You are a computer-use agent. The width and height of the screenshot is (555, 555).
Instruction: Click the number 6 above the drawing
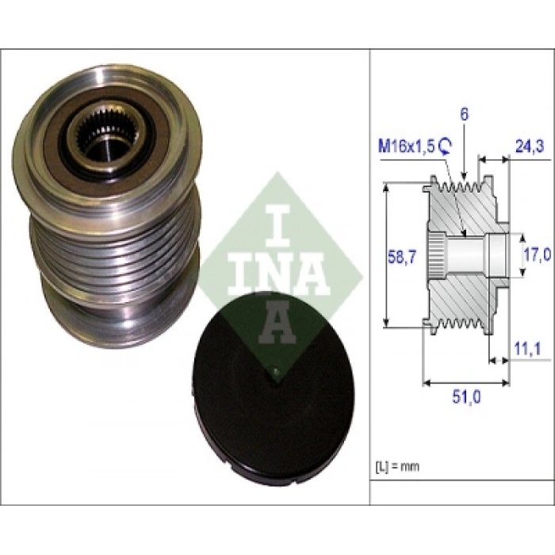pos(465,114)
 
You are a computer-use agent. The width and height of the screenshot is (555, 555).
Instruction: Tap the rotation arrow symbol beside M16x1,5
pos(446,144)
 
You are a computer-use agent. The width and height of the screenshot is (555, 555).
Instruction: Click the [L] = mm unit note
pos(397,466)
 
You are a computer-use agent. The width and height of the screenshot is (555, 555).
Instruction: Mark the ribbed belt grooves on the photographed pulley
pos(119,254)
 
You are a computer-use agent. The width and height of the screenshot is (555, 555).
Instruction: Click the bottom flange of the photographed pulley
pos(119,317)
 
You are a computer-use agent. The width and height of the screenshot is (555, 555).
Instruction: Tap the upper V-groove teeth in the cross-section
pos(464,188)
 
